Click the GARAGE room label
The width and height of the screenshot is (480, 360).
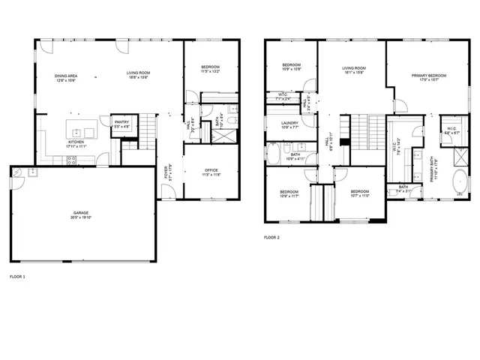[x=81, y=212]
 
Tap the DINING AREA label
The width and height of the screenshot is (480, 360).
[x=65, y=76]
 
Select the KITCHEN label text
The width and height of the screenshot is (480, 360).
[x=76, y=141]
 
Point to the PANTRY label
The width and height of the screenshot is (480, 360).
[x=121, y=122]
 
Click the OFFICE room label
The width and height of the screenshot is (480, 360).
[x=211, y=170]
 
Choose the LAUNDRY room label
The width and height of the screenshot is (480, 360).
[x=289, y=122]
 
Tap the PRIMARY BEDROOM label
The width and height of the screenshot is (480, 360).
[x=429, y=76]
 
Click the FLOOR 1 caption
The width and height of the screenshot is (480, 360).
[x=16, y=277]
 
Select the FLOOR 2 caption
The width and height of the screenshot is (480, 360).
[x=271, y=238]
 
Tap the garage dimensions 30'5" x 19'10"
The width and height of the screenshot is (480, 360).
[x=81, y=217]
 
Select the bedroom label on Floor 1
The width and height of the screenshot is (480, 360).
[x=210, y=68]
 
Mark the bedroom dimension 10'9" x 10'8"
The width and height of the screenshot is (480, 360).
[x=291, y=69]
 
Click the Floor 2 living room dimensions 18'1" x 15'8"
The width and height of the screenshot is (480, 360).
[x=354, y=73]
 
